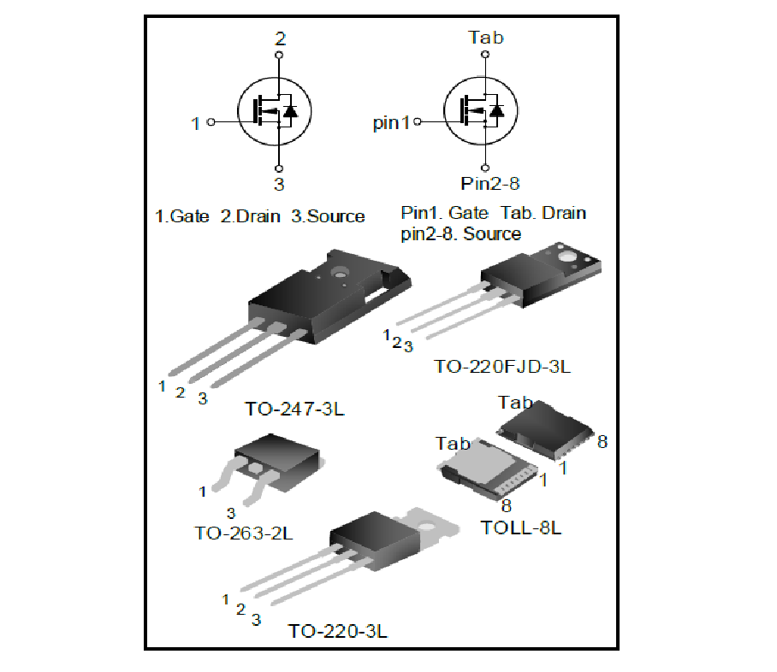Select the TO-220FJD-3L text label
point(502,367)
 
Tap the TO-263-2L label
point(244,533)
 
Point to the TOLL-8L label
point(520,527)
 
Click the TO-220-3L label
point(337,632)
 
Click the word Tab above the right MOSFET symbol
point(486,37)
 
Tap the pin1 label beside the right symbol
point(392,123)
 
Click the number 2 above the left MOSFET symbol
point(280,39)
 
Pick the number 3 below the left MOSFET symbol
point(279,184)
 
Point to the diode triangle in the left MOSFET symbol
point(291,111)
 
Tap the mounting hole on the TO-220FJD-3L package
point(566,255)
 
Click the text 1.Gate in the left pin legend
point(181,216)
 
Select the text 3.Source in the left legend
point(328,216)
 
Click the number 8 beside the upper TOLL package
point(602,442)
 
